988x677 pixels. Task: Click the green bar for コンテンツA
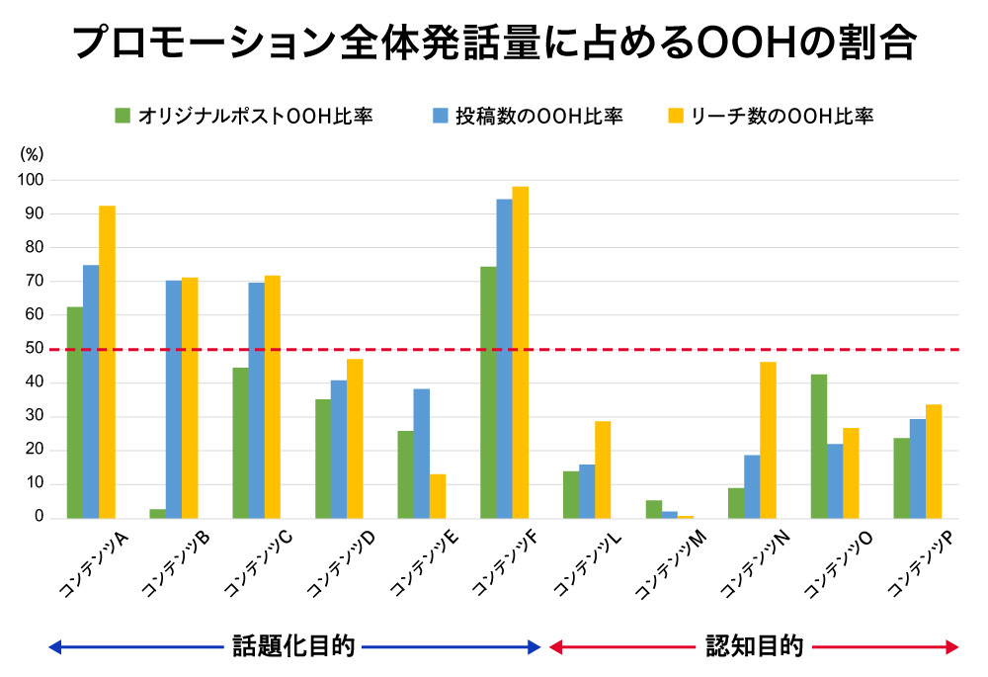click(x=75, y=412)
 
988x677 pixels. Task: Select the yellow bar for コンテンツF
click(x=521, y=352)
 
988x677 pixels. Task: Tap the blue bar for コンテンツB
click(x=174, y=399)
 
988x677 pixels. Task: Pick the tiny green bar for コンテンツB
click(x=158, y=513)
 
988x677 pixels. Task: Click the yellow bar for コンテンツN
click(x=769, y=440)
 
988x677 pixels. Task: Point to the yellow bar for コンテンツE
click(x=438, y=496)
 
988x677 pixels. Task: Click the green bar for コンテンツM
click(x=654, y=509)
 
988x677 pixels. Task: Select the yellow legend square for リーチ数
click(x=674, y=117)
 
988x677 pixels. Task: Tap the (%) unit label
click(x=32, y=154)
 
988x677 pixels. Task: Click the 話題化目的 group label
click(x=292, y=647)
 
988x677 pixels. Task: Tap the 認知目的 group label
click(x=754, y=647)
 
